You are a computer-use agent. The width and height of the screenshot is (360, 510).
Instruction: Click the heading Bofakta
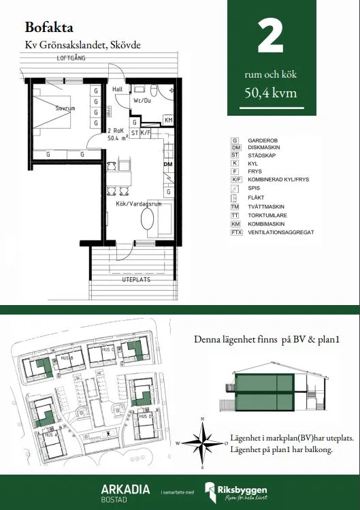tap(50, 28)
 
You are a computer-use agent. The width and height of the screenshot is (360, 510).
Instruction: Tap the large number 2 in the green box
tap(271, 38)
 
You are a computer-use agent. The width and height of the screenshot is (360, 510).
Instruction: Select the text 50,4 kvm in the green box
tap(271, 94)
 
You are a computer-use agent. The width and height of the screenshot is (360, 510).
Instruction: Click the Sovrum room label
tap(65, 108)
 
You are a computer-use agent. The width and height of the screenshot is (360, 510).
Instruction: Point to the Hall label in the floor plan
tap(117, 89)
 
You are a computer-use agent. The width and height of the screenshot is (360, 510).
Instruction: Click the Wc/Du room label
tap(142, 101)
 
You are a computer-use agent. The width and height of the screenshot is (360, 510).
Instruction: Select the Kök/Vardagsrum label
tap(139, 204)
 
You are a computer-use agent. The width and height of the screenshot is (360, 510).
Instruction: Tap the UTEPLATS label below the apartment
tap(135, 279)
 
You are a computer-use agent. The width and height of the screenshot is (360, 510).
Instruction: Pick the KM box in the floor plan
tap(169, 120)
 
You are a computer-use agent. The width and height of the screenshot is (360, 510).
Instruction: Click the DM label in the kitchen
tap(167, 164)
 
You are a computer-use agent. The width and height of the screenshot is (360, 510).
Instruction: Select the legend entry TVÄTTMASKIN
tap(265, 206)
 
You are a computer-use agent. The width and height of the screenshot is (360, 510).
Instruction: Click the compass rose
tap(202, 442)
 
